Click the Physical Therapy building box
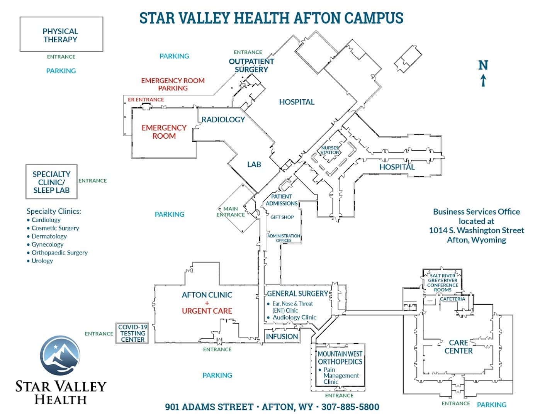[61, 34]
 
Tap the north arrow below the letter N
[483, 81]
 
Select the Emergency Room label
[164, 132]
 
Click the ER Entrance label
[146, 100]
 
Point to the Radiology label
[223, 120]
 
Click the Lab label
[254, 164]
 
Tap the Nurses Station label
[330, 150]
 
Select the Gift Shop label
[282, 217]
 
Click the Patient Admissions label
[282, 200]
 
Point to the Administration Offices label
[284, 238]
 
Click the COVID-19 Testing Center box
[132, 333]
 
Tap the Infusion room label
[282, 337]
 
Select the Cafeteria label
[453, 299]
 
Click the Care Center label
[458, 347]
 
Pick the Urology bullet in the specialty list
[42, 261]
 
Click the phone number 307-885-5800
[350, 407]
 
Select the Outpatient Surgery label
[251, 66]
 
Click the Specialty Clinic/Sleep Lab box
[51, 182]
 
